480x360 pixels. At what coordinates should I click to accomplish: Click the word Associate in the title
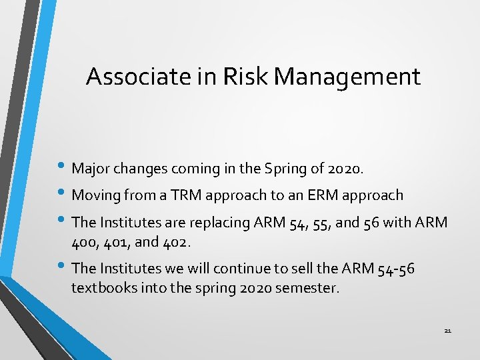136,77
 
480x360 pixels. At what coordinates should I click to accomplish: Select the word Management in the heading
347,77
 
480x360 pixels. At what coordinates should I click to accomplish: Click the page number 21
447,331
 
